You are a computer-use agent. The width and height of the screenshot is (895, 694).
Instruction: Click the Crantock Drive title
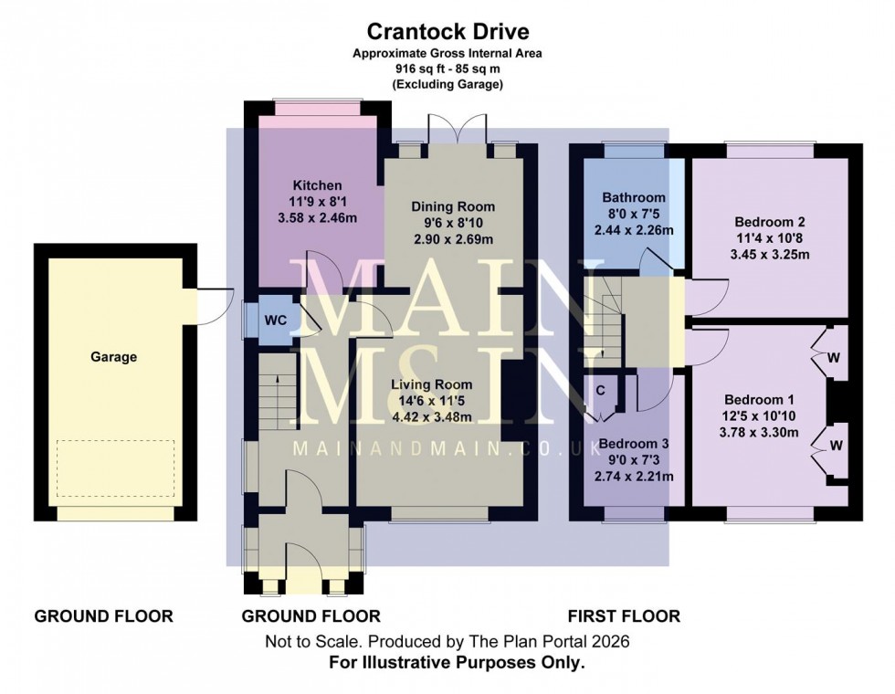click(447, 33)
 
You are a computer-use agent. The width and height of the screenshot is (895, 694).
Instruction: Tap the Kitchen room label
click(317, 185)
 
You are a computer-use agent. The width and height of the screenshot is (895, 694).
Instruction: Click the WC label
click(276, 321)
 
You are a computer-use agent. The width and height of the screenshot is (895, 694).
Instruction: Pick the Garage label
click(113, 357)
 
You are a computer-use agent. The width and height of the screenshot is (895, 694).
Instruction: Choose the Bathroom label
click(633, 197)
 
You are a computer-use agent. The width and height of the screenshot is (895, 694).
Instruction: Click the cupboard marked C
click(600, 390)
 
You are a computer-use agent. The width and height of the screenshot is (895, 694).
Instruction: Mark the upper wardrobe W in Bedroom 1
click(832, 357)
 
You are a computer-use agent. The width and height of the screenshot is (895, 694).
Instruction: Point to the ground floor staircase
click(276, 393)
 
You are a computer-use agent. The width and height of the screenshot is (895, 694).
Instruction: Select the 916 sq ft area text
click(447, 68)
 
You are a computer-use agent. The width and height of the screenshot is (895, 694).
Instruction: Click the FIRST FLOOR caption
click(624, 616)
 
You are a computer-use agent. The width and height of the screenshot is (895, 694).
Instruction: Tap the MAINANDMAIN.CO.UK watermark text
click(447, 449)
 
